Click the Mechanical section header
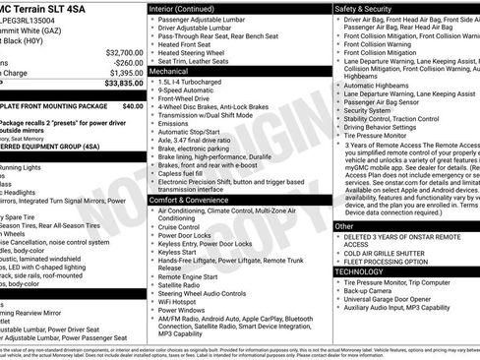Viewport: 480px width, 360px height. click(x=169, y=72)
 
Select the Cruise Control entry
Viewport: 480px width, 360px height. click(x=185, y=225)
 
